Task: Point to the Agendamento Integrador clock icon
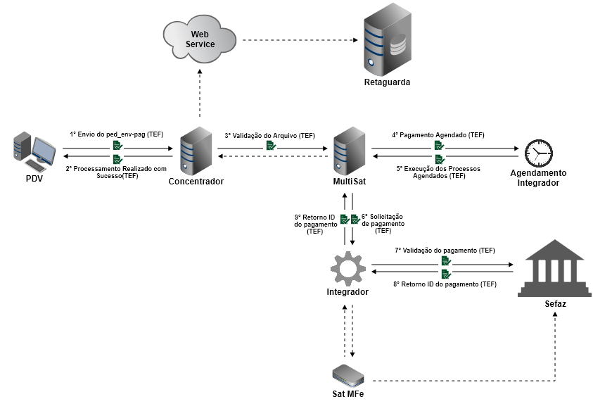538,153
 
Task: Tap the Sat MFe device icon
347,372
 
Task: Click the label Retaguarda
387,83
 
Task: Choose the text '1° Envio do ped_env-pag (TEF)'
116,134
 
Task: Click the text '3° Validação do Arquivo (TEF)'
270,135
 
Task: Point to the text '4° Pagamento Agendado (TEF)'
438,134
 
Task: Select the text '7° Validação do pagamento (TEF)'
445,251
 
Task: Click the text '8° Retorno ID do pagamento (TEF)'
445,284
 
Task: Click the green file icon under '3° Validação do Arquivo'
271,146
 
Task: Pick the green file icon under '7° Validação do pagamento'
445,261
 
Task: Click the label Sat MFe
347,394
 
